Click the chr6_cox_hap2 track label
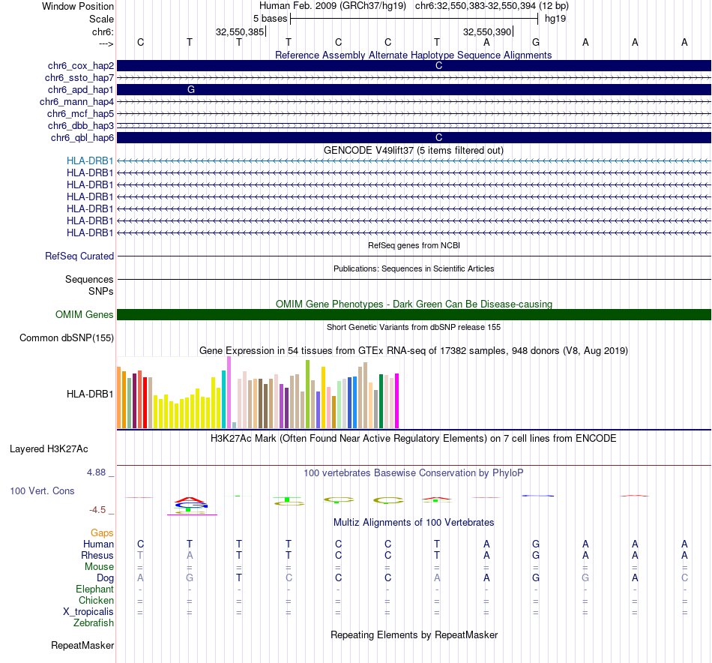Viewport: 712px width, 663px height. tap(79, 66)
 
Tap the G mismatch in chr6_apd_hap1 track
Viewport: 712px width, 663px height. tap(191, 89)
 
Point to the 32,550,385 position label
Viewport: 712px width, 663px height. tap(240, 31)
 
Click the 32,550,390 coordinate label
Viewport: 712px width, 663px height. tap(487, 31)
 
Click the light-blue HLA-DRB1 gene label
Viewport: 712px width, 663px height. tap(90, 160)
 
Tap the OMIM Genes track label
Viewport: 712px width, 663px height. tap(85, 315)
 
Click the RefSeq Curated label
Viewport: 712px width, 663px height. tap(79, 256)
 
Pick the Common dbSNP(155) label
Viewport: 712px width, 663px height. tap(67, 338)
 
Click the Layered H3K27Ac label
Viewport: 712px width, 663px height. tap(49, 449)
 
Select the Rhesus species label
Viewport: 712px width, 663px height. tap(97, 556)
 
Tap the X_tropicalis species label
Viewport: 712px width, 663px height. tap(88, 612)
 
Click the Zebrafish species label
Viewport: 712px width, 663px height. tap(94, 623)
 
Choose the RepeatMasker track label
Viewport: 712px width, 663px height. tap(82, 645)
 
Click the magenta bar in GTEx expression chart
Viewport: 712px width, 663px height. tap(397, 401)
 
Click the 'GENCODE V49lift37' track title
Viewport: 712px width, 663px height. tap(413, 150)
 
